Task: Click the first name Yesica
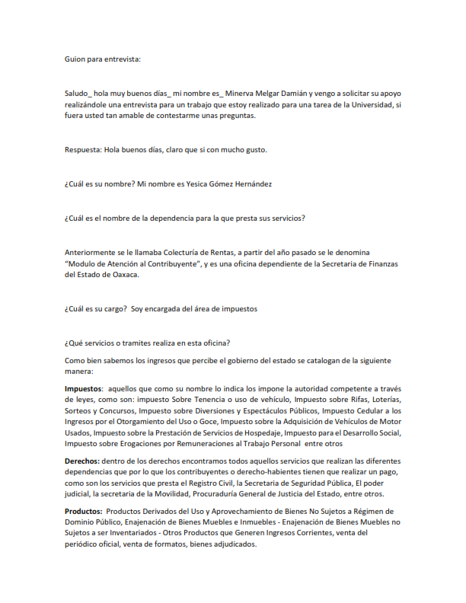(209, 184)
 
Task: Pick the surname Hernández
(273, 184)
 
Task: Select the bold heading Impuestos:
(84, 388)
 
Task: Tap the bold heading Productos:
(84, 511)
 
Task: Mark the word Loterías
(382, 400)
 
